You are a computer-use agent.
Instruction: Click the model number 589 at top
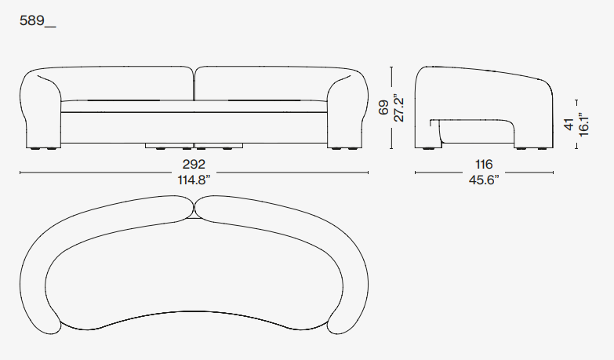point(32,20)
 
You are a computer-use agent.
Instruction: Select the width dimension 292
point(194,164)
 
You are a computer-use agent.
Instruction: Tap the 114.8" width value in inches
point(194,180)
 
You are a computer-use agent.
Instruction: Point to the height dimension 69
point(383,107)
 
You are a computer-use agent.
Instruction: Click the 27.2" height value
point(398,107)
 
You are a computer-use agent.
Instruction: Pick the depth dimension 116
point(484,164)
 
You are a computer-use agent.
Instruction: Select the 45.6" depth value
point(484,180)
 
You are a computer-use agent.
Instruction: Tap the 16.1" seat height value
point(583,125)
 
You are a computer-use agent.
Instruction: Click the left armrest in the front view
point(40,110)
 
